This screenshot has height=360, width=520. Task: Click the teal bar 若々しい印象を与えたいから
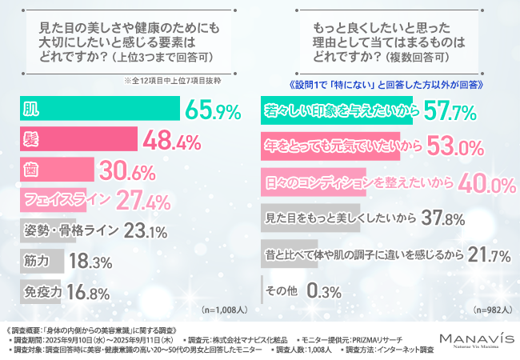[337, 112]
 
